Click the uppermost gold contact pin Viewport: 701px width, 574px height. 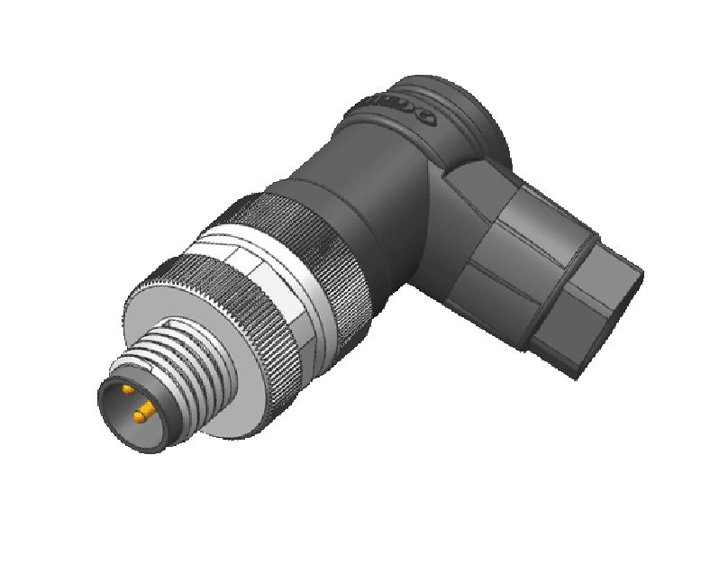click(128, 389)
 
